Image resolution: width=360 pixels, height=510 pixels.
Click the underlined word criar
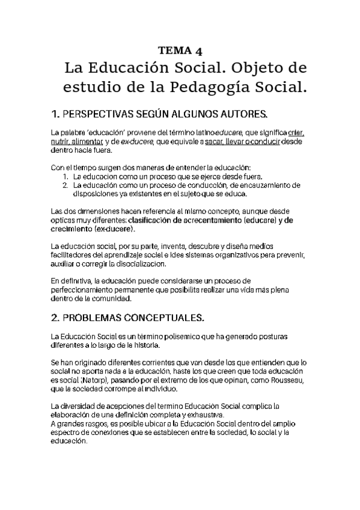296,132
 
